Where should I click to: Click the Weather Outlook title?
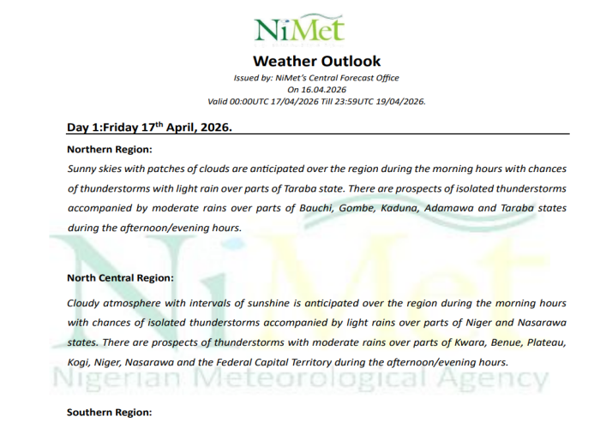[317, 61]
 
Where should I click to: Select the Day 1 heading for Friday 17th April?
[150, 128]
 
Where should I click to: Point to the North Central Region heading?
[121, 278]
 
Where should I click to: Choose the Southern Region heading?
[110, 413]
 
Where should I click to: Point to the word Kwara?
[429, 343]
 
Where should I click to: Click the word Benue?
[471, 343]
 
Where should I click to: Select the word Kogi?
[80, 362]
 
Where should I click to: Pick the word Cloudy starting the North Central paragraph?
[86, 303]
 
